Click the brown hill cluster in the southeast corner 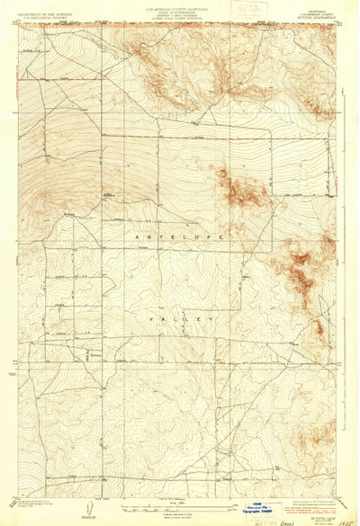click(315, 437)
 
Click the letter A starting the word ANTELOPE click(128, 235)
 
